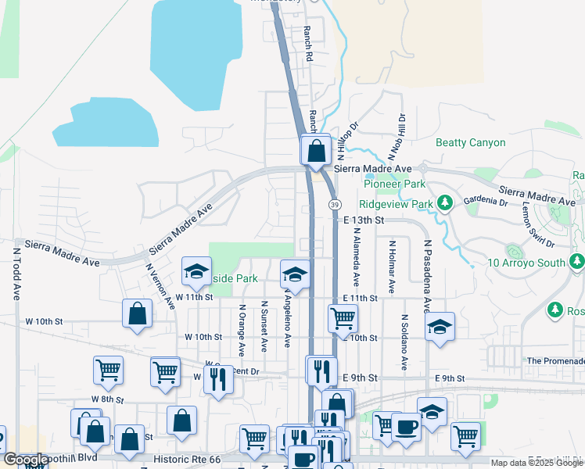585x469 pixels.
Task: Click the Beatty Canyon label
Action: click(x=470, y=143)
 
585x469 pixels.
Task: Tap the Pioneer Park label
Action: click(x=394, y=184)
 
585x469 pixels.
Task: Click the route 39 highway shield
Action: click(x=335, y=204)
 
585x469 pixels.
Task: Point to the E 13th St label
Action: click(x=364, y=220)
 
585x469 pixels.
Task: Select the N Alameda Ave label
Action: click(x=356, y=256)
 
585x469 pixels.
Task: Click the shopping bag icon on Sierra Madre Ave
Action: click(x=316, y=151)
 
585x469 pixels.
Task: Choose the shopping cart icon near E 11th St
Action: click(x=343, y=318)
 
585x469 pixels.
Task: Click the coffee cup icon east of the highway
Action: click(x=406, y=427)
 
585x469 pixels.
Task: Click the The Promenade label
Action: click(x=554, y=361)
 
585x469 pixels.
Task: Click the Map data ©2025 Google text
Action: click(x=537, y=463)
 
